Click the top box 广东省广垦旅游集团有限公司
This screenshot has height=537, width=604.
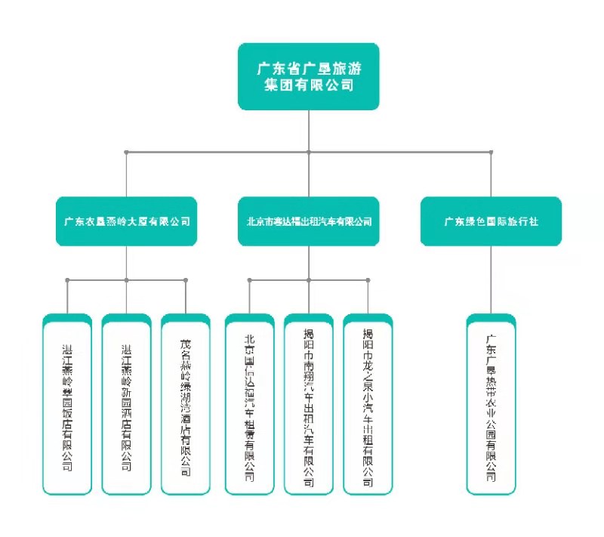(x=308, y=76)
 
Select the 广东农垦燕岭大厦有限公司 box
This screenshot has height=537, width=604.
(x=126, y=221)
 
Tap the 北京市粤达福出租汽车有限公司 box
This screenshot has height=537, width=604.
(x=309, y=221)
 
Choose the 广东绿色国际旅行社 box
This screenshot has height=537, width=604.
(x=491, y=221)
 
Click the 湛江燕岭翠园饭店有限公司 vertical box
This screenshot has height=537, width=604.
(x=67, y=404)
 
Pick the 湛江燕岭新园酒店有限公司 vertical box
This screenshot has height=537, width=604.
(x=126, y=404)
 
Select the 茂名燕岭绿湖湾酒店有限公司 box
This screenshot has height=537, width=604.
(x=185, y=404)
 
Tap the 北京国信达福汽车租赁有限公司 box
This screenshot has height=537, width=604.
(x=250, y=404)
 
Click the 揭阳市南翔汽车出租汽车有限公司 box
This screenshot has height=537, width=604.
(x=309, y=404)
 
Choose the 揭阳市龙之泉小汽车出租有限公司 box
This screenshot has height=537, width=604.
(x=368, y=404)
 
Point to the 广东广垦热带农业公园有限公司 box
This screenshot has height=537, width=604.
(x=491, y=404)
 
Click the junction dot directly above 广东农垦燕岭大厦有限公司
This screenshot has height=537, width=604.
(x=126, y=153)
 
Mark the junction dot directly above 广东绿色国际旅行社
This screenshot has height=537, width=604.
(x=491, y=153)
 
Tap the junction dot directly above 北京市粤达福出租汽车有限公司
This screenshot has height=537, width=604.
(x=309, y=153)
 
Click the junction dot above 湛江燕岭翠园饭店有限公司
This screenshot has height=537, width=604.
(x=67, y=280)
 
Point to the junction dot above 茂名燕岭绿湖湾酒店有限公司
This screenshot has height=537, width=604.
(x=185, y=280)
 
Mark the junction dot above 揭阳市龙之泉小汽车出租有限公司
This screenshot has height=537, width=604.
(x=368, y=280)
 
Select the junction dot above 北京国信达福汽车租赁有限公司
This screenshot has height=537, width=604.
(x=250, y=280)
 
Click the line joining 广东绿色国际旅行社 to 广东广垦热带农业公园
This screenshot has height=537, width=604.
(x=491, y=279)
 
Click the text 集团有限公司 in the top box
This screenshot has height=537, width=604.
(x=308, y=86)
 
